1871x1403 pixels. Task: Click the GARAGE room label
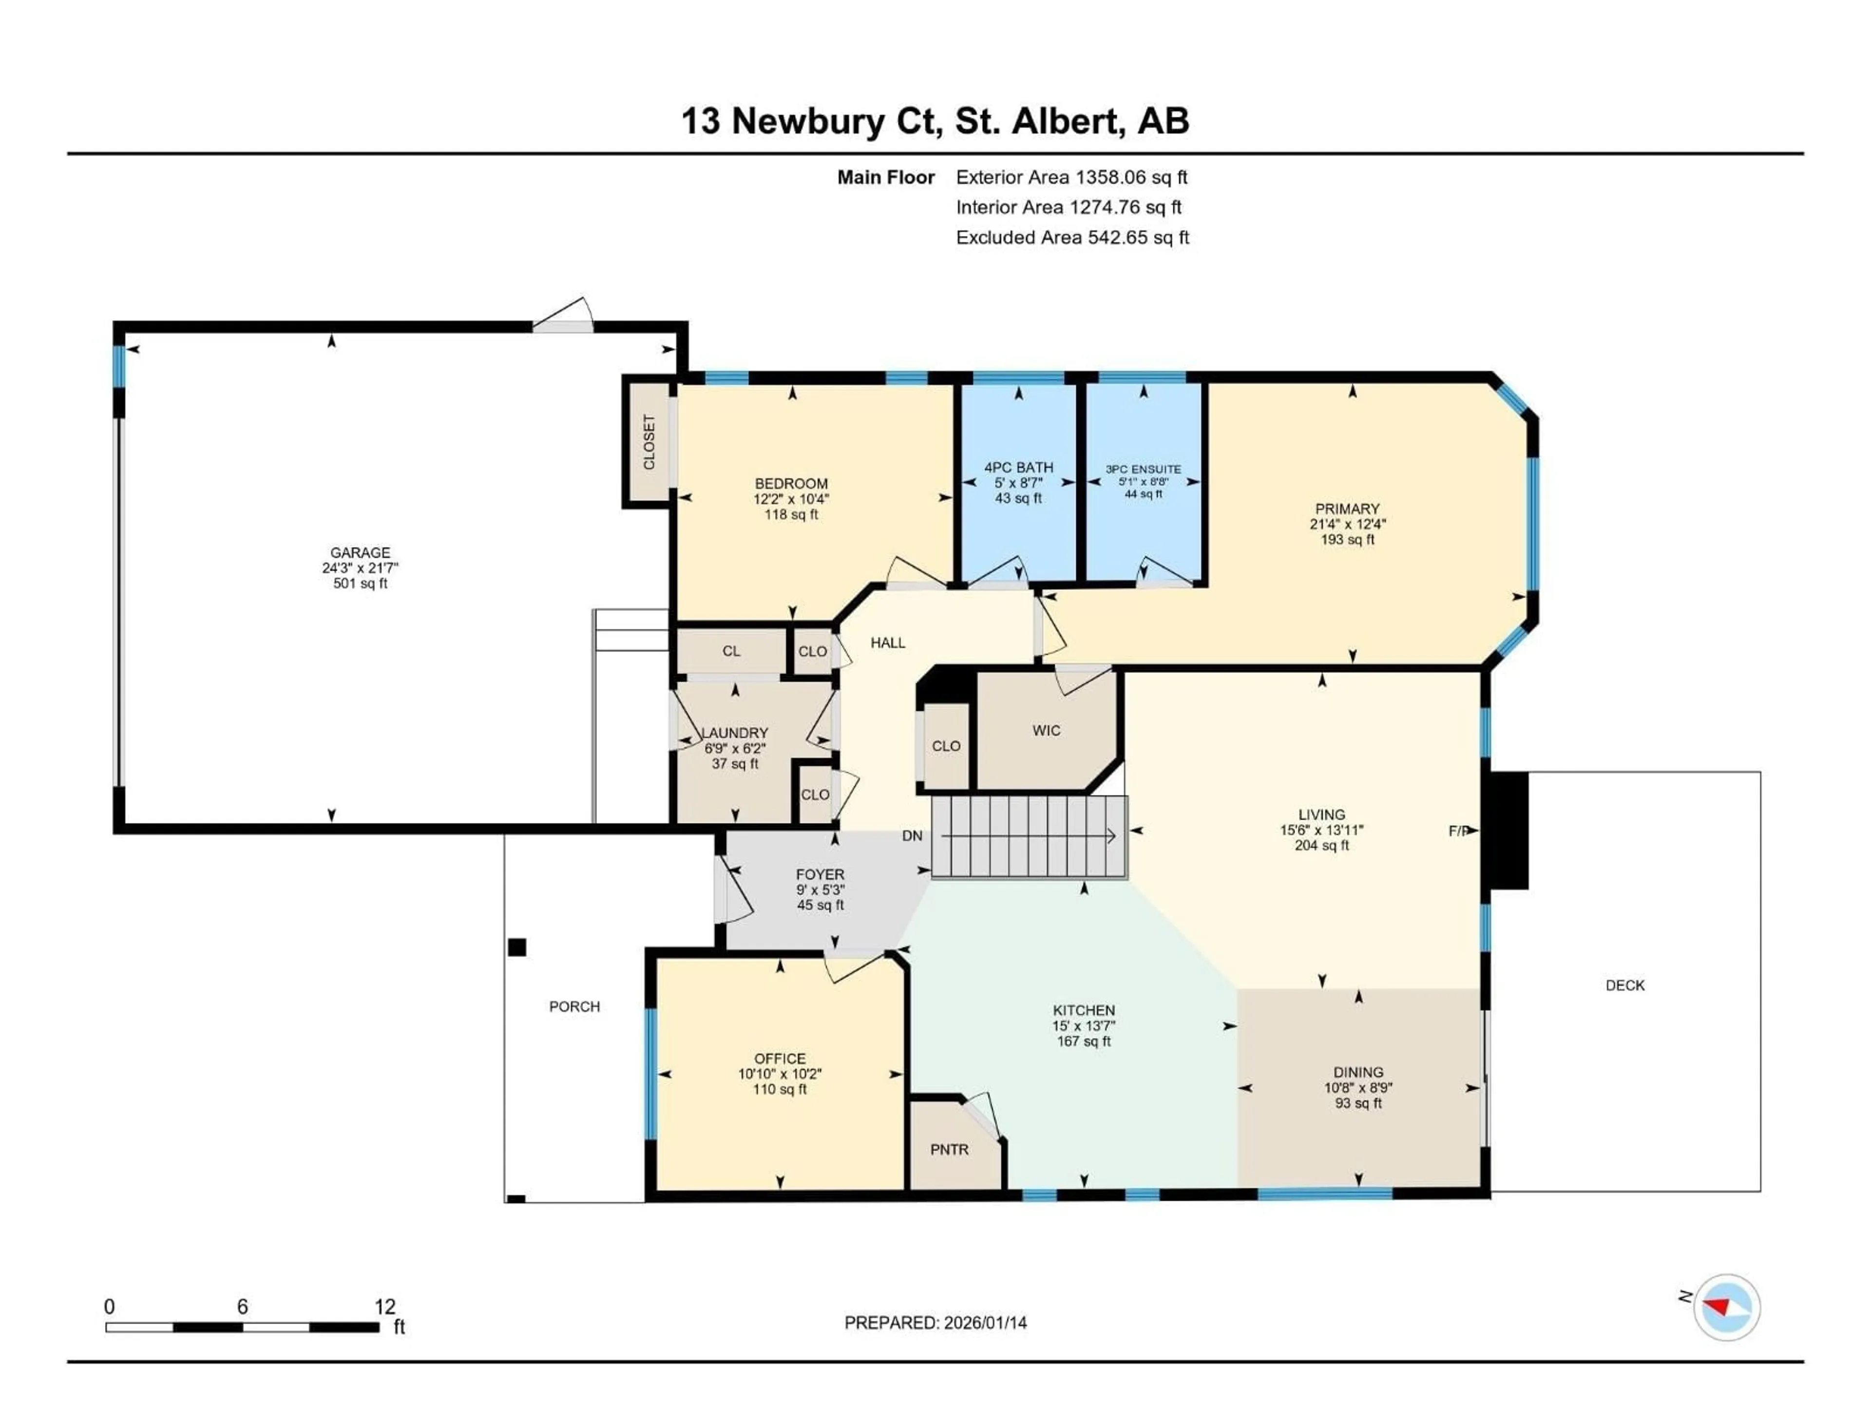pyautogui.click(x=361, y=552)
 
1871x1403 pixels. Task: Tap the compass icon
pyautogui.click(x=1726, y=1307)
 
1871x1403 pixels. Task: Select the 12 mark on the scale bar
pyautogui.click(x=385, y=1307)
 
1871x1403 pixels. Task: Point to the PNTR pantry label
pyautogui.click(x=949, y=1149)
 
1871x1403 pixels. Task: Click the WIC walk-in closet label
pyautogui.click(x=1046, y=731)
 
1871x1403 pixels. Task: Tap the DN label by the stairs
pyautogui.click(x=912, y=835)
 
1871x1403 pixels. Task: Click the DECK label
pyautogui.click(x=1625, y=985)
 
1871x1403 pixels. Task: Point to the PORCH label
pyautogui.click(x=574, y=1006)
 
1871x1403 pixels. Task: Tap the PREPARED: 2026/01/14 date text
pyautogui.click(x=935, y=1323)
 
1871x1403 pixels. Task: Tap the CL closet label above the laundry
pyautogui.click(x=731, y=651)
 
